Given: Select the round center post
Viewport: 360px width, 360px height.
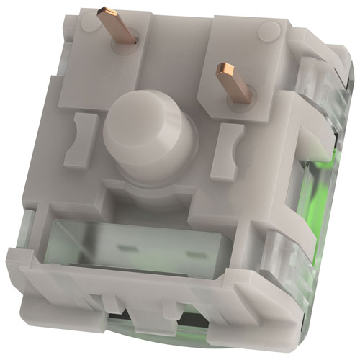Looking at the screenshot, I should coord(148,140).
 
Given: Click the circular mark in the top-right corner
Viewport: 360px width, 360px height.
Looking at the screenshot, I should coord(271,30).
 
